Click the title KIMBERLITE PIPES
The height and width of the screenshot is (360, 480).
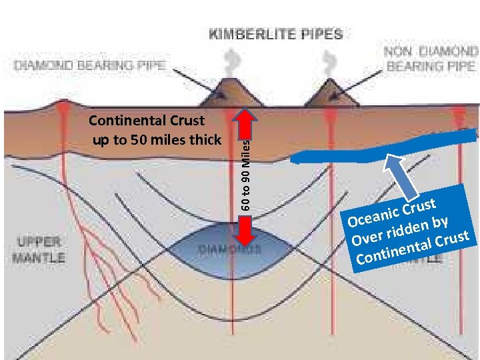[x=276, y=34]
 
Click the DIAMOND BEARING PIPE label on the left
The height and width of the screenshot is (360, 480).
[x=89, y=65]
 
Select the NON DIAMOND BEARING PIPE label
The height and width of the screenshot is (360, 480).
[x=431, y=59]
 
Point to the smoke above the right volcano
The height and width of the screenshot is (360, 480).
[x=328, y=64]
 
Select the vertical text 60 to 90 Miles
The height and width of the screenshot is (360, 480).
[x=246, y=173]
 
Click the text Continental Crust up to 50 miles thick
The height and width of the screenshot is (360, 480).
[x=155, y=131]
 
